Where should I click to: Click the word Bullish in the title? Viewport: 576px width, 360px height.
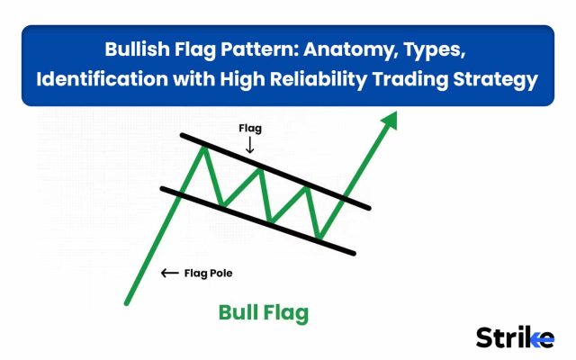click(138, 49)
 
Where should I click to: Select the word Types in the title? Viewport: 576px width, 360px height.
click(435, 50)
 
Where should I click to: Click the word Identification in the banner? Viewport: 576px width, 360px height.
click(102, 79)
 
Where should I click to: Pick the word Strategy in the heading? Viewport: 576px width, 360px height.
click(496, 80)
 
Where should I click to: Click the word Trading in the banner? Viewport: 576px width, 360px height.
click(410, 80)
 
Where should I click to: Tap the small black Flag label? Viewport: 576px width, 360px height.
click(250, 129)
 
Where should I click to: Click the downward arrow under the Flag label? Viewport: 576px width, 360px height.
click(250, 145)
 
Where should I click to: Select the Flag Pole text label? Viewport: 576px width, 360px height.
click(208, 274)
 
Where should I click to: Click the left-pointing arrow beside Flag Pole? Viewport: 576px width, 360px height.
click(170, 273)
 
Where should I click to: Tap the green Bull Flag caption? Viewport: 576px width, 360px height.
click(264, 313)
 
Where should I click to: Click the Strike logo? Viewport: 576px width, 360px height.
click(515, 337)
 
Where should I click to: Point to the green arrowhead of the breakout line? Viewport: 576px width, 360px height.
click(391, 121)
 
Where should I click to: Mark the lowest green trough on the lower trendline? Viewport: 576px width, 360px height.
click(319, 238)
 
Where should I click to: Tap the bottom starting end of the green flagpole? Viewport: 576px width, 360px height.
click(126, 303)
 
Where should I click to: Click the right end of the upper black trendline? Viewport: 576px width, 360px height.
click(369, 208)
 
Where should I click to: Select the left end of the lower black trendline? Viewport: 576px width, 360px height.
click(163, 189)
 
